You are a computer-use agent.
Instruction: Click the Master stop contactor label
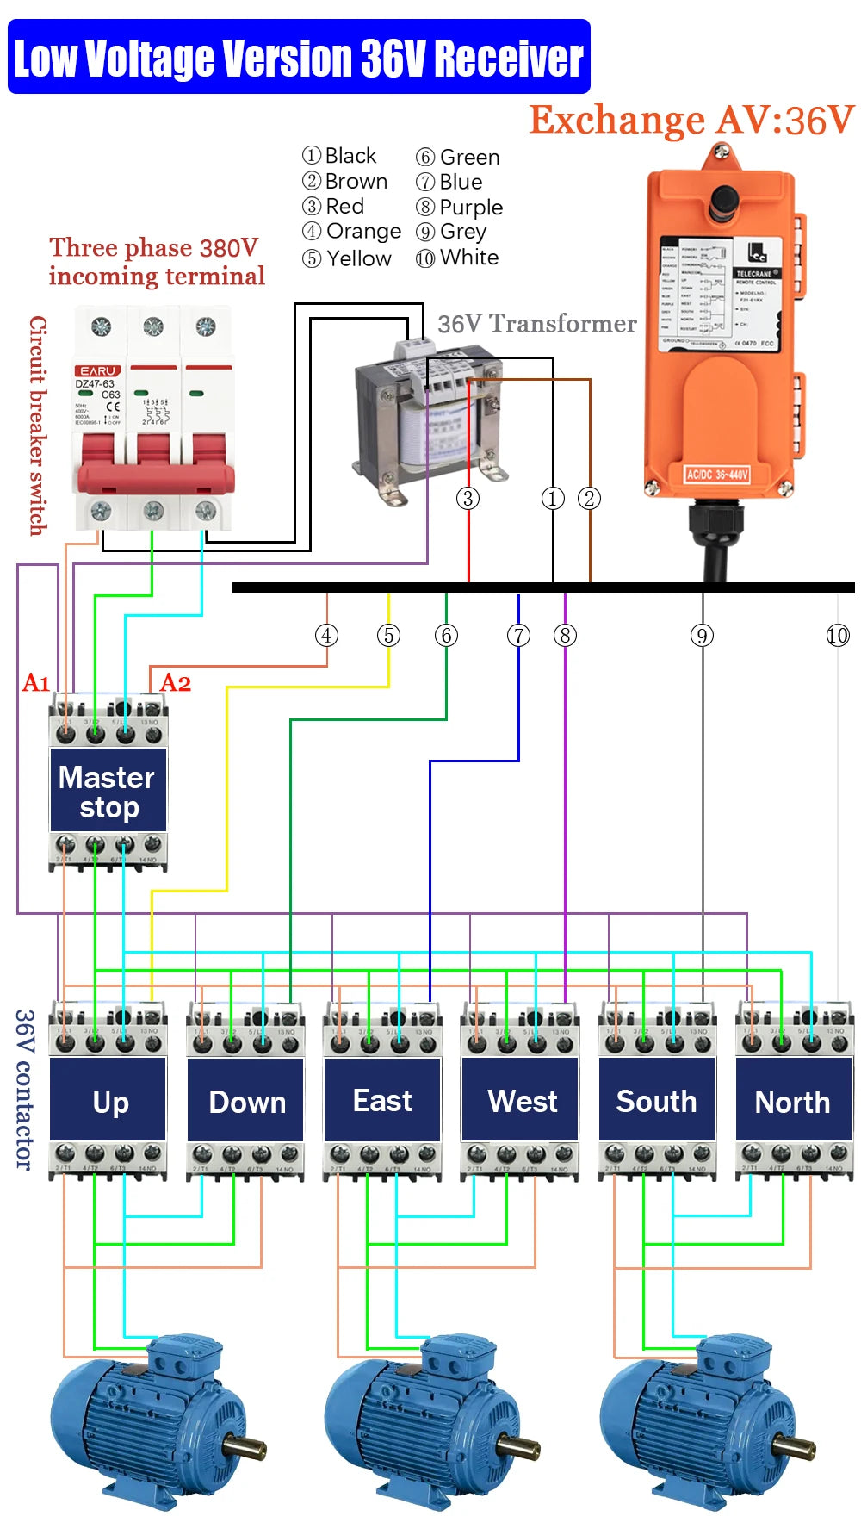click(108, 791)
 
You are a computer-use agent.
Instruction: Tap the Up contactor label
click(110, 1103)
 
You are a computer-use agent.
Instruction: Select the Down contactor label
click(247, 1103)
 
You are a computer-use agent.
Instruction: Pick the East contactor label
click(382, 1101)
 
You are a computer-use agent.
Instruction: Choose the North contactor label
click(792, 1103)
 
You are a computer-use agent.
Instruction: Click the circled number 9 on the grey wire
click(702, 636)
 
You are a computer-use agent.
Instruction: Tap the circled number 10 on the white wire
click(837, 636)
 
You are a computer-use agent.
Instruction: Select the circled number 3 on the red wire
click(468, 498)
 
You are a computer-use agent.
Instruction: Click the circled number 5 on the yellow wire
click(388, 636)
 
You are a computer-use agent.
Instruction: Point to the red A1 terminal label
click(36, 683)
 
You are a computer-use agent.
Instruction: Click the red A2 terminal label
click(176, 683)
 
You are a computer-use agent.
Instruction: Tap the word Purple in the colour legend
click(470, 208)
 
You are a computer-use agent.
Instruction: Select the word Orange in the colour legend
click(363, 232)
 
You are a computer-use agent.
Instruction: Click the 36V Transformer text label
click(536, 324)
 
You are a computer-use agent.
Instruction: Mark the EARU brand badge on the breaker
click(98, 370)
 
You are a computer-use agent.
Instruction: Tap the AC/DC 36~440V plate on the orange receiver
click(716, 474)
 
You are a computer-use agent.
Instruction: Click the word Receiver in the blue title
click(508, 59)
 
